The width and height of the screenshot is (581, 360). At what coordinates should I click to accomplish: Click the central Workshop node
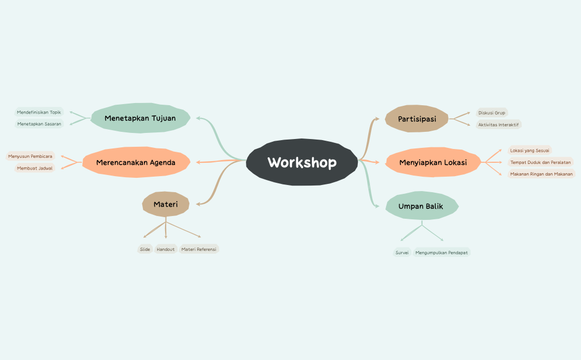[302, 162]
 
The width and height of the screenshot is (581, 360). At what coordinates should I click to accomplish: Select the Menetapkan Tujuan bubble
[140, 118]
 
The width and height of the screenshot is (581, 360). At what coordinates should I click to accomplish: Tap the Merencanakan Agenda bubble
[136, 162]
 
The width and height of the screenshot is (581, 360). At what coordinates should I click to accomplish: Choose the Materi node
[166, 204]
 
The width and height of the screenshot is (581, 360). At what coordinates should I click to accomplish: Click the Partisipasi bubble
[417, 119]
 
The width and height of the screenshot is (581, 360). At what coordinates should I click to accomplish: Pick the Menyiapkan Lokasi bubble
[433, 162]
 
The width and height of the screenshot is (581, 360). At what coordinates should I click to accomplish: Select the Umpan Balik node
[421, 206]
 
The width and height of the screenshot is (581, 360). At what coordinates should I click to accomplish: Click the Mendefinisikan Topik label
[39, 112]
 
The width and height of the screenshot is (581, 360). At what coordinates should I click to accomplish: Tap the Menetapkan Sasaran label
[39, 124]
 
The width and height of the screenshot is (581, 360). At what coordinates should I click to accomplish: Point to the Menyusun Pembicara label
[30, 156]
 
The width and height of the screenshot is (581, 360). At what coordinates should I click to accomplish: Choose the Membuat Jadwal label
[35, 168]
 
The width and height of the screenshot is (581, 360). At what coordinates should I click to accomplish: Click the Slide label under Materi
[145, 249]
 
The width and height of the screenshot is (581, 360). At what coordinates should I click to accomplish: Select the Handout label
[166, 249]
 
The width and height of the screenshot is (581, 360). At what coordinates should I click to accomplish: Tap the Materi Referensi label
[199, 249]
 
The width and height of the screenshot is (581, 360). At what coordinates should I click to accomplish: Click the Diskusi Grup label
[492, 112]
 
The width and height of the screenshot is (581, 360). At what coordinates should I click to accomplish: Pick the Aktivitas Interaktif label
[498, 125]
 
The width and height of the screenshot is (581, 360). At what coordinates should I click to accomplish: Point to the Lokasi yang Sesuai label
[529, 150]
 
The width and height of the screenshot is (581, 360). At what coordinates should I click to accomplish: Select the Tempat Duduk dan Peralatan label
[541, 162]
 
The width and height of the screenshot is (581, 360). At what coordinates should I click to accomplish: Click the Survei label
[402, 253]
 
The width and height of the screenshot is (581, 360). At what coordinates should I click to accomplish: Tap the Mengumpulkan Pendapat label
[441, 253]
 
